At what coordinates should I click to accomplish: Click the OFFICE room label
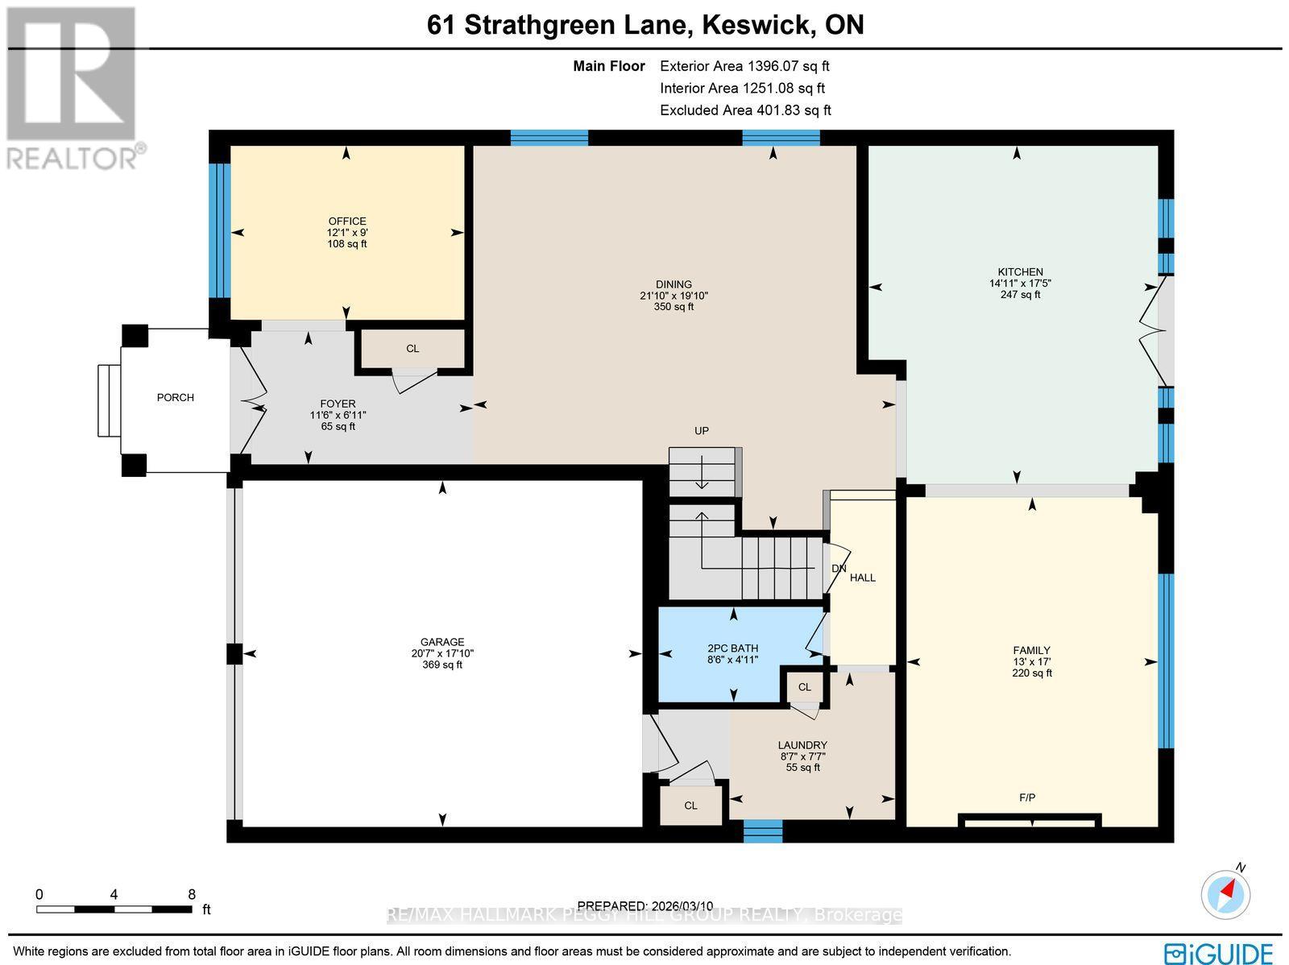click(x=347, y=222)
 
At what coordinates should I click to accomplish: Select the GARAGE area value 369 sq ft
click(x=442, y=665)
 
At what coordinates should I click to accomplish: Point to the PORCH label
click(x=175, y=397)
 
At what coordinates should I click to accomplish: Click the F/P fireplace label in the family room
click(x=1027, y=797)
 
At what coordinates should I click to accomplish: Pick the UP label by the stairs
click(x=702, y=431)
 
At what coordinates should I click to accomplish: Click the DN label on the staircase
click(x=839, y=568)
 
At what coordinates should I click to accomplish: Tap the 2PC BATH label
click(x=732, y=648)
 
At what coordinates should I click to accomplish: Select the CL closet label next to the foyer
click(x=412, y=349)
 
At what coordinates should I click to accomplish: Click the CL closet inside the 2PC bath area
click(x=804, y=687)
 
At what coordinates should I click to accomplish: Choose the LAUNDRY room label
click(x=802, y=745)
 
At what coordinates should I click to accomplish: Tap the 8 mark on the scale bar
click(x=192, y=894)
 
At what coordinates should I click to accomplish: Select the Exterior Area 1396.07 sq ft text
click(x=744, y=67)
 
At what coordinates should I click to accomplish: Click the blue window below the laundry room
click(x=762, y=830)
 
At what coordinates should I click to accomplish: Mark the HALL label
click(x=862, y=578)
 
